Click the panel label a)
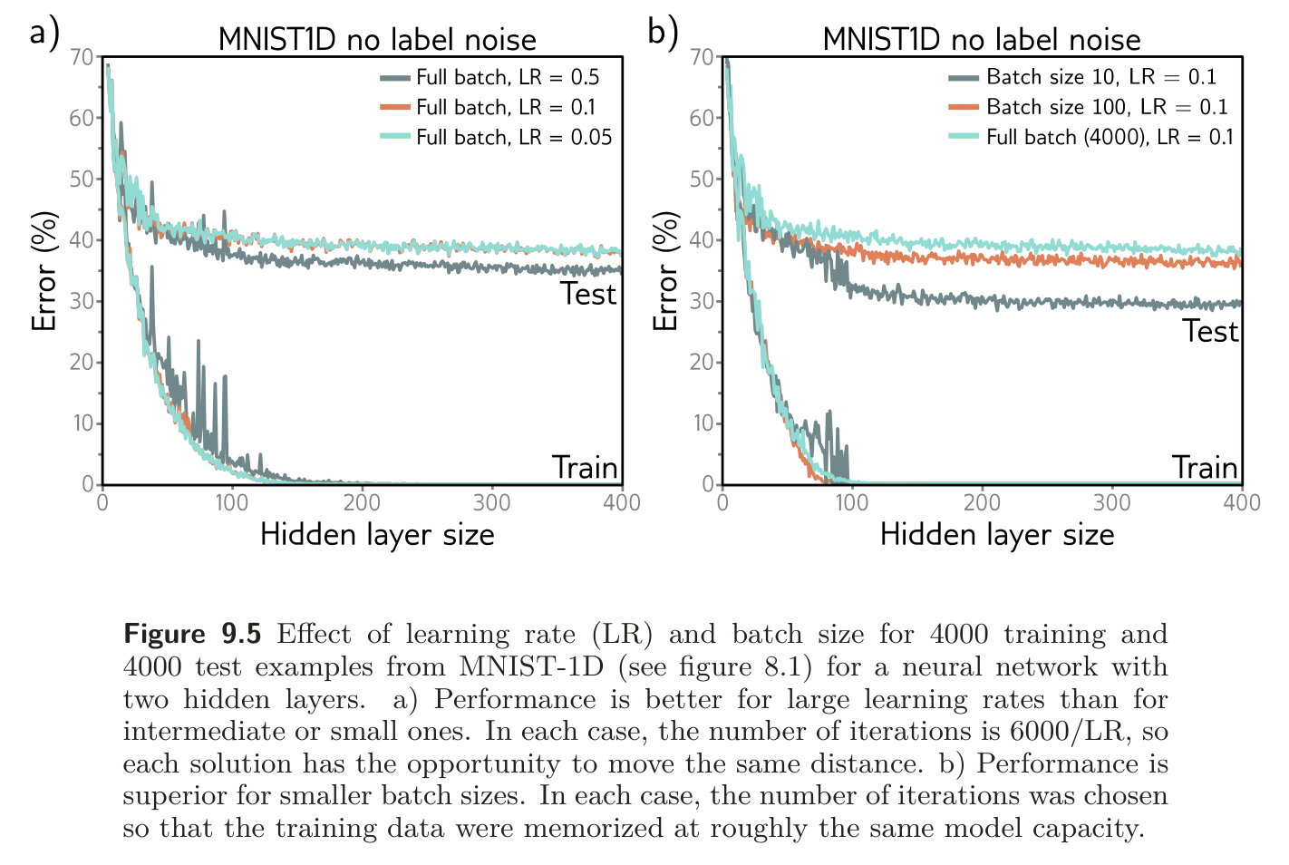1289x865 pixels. pos(44,33)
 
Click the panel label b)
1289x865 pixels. pos(663,33)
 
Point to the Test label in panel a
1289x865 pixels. pos(587,295)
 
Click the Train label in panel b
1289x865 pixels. pos(1204,468)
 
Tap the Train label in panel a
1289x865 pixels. pos(585,468)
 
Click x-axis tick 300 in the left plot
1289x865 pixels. pos(492,503)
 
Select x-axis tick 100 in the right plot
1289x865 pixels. pos(852,503)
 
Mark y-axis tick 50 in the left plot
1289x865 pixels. pos(82,180)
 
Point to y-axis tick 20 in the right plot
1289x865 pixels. pos(702,363)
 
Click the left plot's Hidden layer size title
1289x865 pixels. pos(377,535)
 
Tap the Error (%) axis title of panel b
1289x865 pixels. pos(666,271)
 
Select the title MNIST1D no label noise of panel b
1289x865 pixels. pos(981,40)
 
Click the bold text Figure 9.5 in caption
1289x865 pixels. pos(192,634)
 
